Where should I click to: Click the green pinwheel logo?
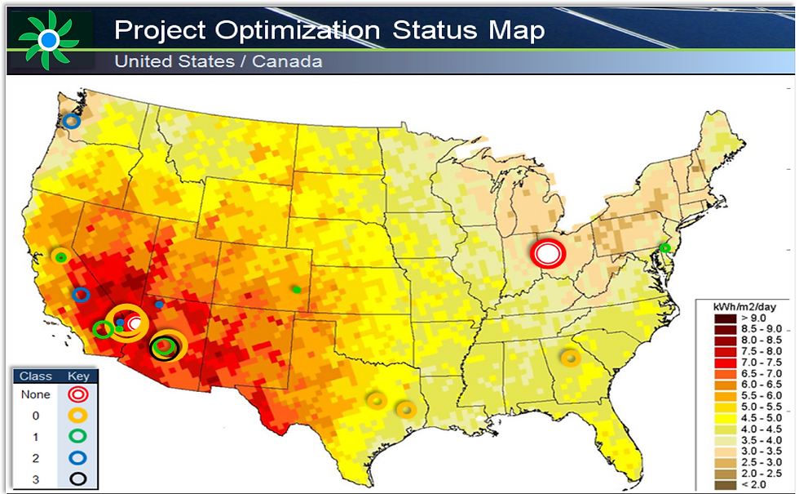pos(49,38)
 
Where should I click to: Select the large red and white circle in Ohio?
pos(548,253)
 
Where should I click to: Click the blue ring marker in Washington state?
pos(71,121)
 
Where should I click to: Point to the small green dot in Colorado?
pos(297,289)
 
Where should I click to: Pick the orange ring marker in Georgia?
pos(570,357)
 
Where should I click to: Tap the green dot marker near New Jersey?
pos(664,247)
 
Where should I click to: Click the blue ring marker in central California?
pos(81,295)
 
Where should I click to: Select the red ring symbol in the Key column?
pos(78,394)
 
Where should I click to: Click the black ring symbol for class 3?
pos(78,478)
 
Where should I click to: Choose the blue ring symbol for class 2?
pos(78,457)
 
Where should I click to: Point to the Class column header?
pos(36,376)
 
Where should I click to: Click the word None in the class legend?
pos(36,394)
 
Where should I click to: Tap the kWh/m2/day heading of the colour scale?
pos(744,305)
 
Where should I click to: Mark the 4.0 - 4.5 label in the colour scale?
pos(761,429)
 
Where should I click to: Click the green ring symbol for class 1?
pos(78,436)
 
